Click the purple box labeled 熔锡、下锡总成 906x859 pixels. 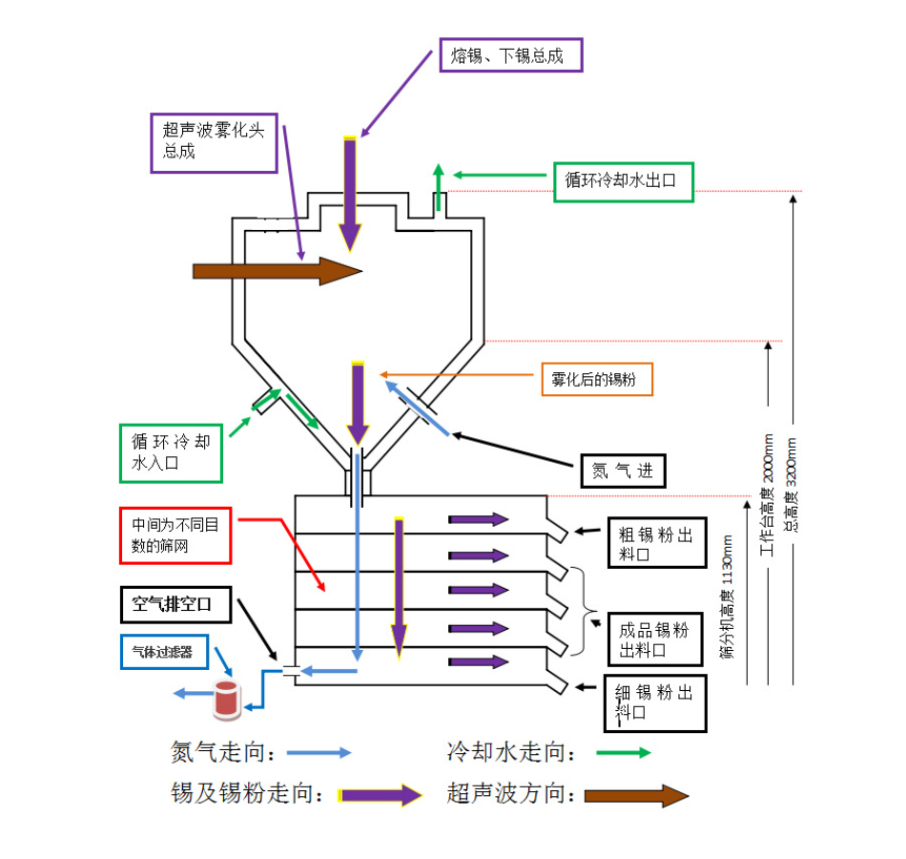[x=509, y=55]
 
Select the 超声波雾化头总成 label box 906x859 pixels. [x=214, y=142]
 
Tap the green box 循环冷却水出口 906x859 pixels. [x=624, y=181]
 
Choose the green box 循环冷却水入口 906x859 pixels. [x=171, y=452]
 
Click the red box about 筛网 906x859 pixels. [x=175, y=536]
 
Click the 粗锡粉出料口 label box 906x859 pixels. [x=656, y=545]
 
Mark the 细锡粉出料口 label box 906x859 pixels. [x=656, y=702]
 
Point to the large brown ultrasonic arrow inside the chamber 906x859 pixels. [x=278, y=271]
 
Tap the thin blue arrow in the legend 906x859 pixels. [x=319, y=752]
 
